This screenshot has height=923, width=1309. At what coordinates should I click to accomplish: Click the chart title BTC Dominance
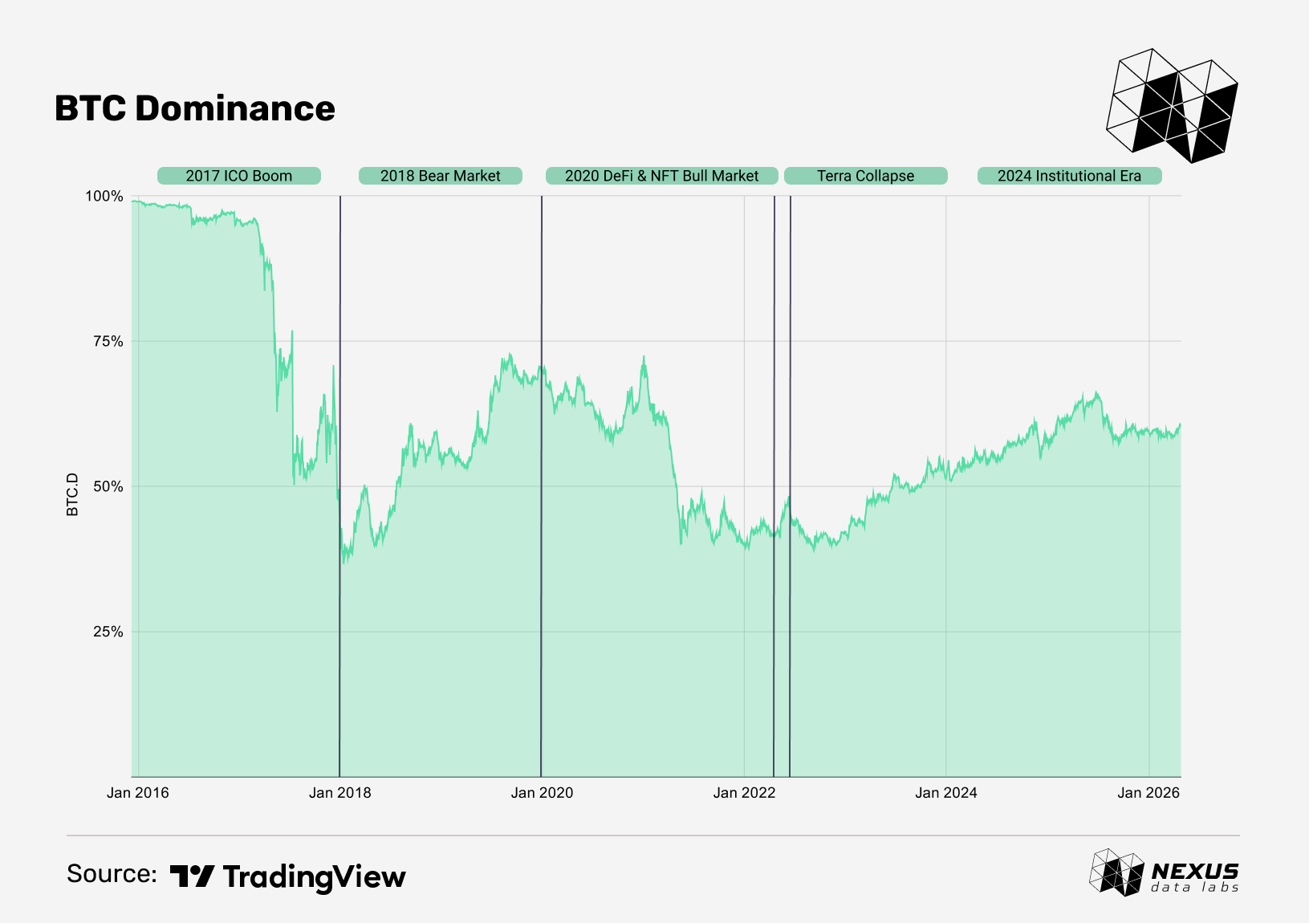point(194,108)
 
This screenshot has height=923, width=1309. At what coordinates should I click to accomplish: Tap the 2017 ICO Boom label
point(238,176)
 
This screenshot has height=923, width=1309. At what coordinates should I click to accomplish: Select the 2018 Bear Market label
point(440,176)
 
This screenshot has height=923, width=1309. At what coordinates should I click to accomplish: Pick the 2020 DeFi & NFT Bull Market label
point(661,176)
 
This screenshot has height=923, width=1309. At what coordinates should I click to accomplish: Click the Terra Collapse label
point(865,176)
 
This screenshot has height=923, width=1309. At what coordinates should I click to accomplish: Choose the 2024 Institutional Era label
point(1069,176)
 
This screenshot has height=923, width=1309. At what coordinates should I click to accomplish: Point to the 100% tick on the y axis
point(104,197)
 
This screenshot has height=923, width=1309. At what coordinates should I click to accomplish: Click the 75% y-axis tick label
point(108,341)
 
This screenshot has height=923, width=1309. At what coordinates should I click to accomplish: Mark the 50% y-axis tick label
point(108,486)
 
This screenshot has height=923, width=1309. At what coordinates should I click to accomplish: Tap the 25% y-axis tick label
point(108,632)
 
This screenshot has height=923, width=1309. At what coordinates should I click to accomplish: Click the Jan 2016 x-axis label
point(137,793)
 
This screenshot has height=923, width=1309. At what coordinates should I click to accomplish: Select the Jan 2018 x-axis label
point(339,793)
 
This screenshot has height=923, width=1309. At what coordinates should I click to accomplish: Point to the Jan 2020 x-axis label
point(542,793)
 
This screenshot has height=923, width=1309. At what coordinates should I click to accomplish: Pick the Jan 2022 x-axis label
point(744,793)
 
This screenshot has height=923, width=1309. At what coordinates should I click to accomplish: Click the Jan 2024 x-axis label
point(945,793)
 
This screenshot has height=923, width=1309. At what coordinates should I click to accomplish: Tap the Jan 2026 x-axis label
point(1148,793)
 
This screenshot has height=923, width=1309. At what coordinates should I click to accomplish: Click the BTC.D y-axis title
point(72,494)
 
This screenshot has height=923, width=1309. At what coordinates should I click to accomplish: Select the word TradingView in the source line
point(314,876)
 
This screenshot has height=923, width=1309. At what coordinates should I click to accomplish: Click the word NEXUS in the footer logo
point(1194,872)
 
